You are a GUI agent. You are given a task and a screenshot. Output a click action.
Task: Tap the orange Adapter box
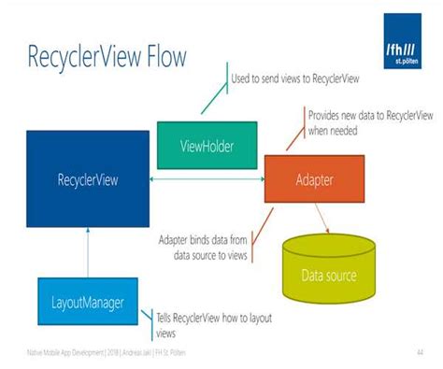pyautogui.click(x=314, y=178)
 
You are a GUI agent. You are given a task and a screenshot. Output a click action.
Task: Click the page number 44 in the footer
pyautogui.click(x=420, y=352)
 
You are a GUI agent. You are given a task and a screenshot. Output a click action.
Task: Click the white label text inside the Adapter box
pyautogui.click(x=314, y=178)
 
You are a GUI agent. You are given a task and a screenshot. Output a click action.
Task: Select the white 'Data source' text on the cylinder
pyautogui.click(x=328, y=276)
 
